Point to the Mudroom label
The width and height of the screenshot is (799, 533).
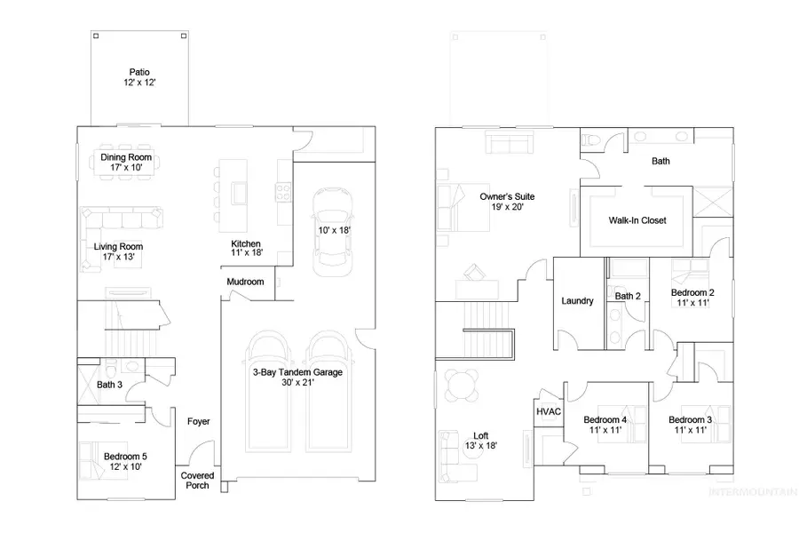(x=245, y=282)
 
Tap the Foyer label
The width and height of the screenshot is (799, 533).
(x=199, y=421)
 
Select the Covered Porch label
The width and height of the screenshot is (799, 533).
(x=198, y=481)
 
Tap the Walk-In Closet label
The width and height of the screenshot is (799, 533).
(x=637, y=220)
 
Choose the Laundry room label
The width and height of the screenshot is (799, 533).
(x=577, y=301)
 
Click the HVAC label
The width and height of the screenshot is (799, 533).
(x=546, y=411)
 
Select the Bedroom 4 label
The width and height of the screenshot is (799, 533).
(x=605, y=425)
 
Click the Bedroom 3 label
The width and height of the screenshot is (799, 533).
(x=691, y=425)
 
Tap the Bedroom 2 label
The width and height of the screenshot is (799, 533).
(x=692, y=298)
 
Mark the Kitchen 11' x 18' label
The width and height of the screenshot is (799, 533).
(x=246, y=249)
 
